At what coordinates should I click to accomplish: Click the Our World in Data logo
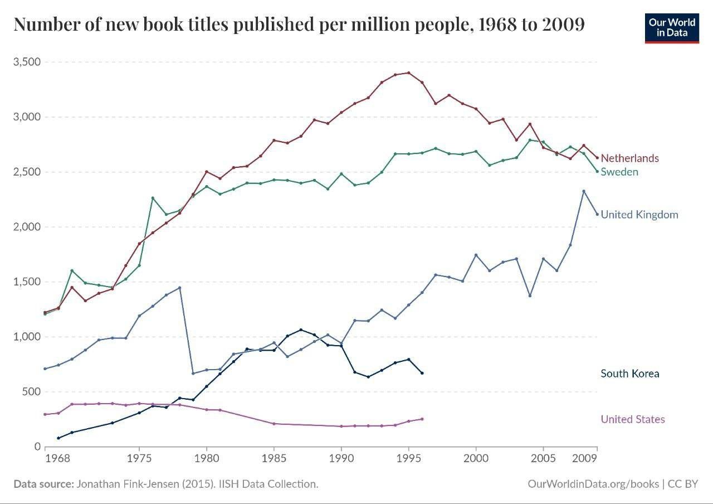tap(672, 28)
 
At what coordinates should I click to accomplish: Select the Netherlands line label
tap(629, 158)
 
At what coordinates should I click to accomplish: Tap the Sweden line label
tap(619, 172)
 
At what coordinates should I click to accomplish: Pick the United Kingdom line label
tap(639, 215)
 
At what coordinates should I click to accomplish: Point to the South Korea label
tap(629, 374)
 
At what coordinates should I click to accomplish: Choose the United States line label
tap(632, 419)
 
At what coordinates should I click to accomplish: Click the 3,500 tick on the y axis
tap(27, 62)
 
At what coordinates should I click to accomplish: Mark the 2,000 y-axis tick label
tap(27, 227)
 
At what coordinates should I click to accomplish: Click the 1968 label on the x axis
tap(58, 459)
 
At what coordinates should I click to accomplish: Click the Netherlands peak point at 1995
tap(409, 72)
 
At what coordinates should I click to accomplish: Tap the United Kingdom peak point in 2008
tap(584, 191)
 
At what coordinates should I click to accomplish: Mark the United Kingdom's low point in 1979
tap(193, 374)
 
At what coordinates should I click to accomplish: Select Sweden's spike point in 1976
tap(153, 198)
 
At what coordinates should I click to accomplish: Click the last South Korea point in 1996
tap(422, 373)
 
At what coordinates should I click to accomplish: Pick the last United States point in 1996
tap(422, 419)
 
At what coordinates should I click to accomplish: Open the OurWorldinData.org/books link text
tap(593, 484)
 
